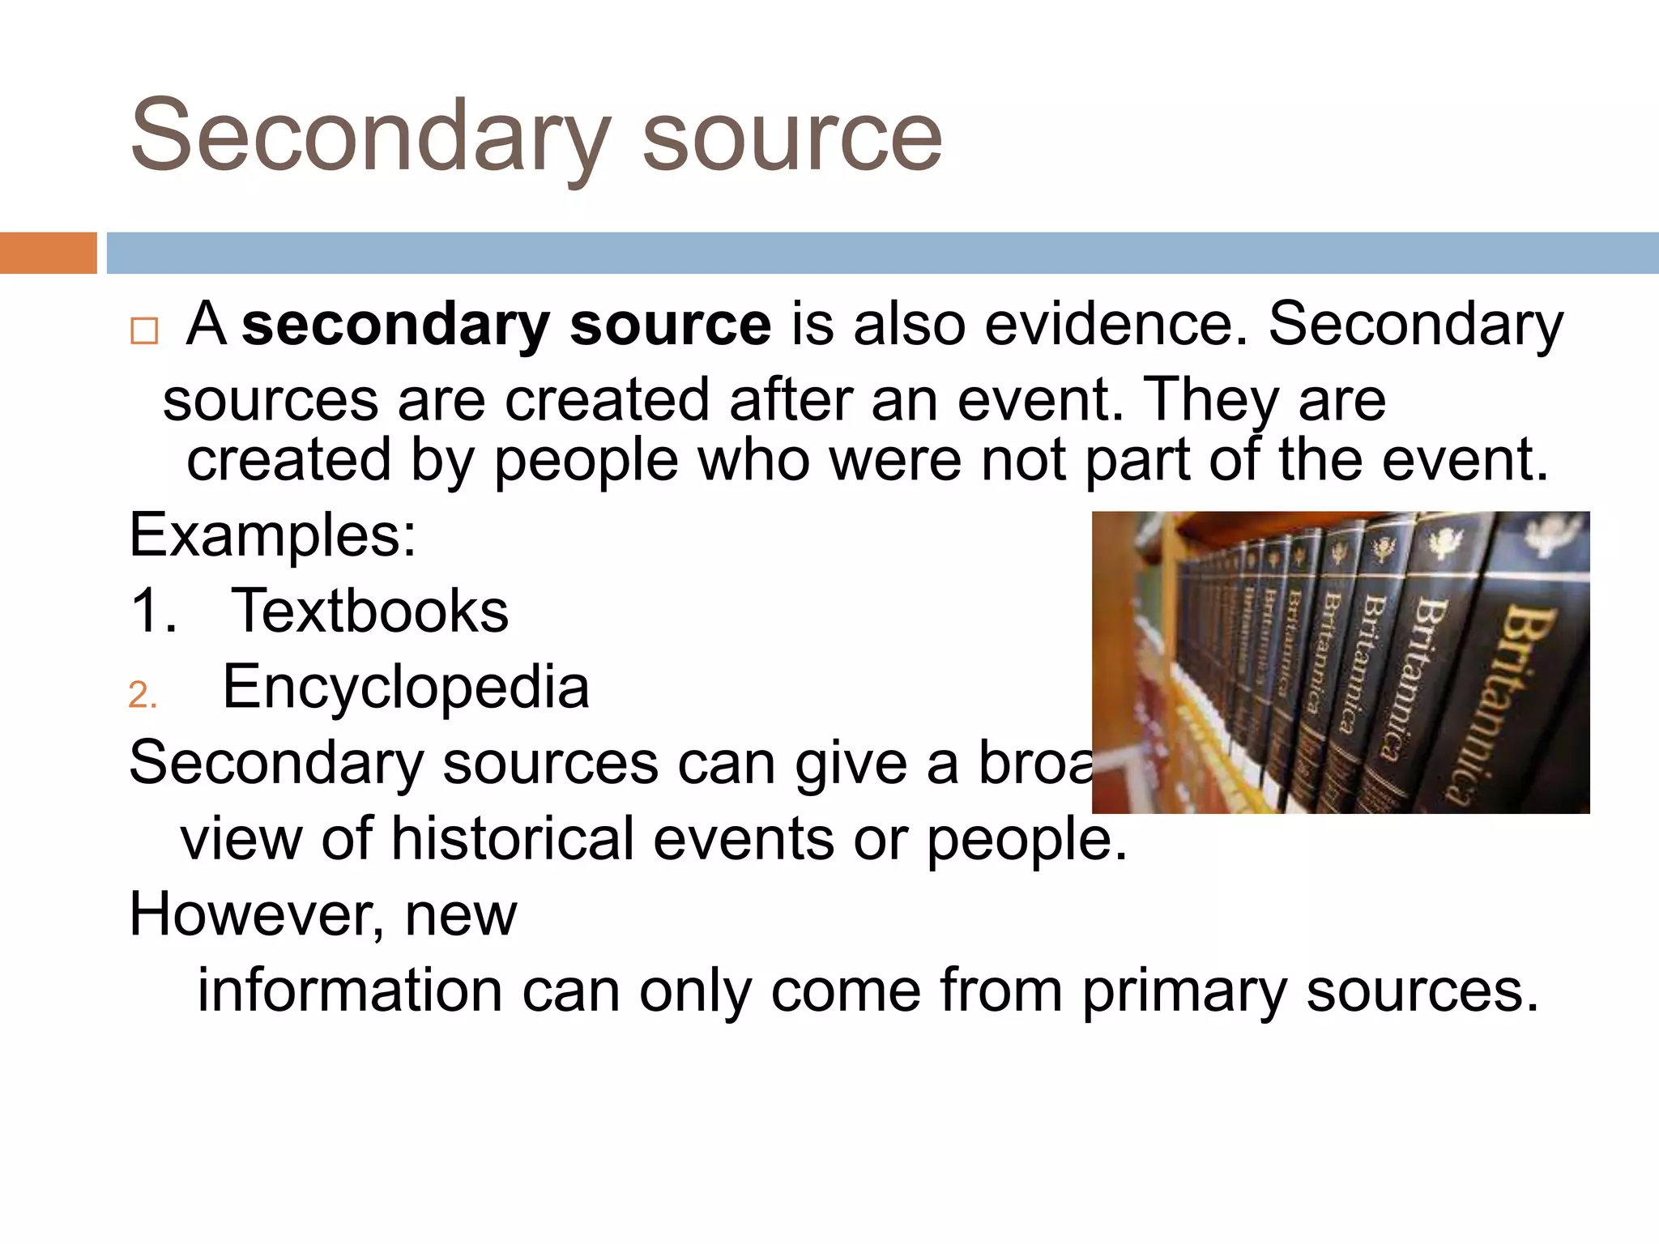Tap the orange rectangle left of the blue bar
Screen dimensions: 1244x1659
point(48,253)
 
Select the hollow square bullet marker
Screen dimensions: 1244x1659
point(144,330)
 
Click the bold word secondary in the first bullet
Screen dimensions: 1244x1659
point(396,324)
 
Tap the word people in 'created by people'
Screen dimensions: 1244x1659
point(586,460)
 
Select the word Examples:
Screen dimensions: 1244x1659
point(273,535)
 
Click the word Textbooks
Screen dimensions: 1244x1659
point(370,611)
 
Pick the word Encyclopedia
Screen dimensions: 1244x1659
point(406,687)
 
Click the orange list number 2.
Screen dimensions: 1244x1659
point(143,696)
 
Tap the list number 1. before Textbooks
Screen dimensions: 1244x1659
point(153,611)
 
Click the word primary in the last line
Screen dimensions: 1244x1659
point(1184,991)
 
